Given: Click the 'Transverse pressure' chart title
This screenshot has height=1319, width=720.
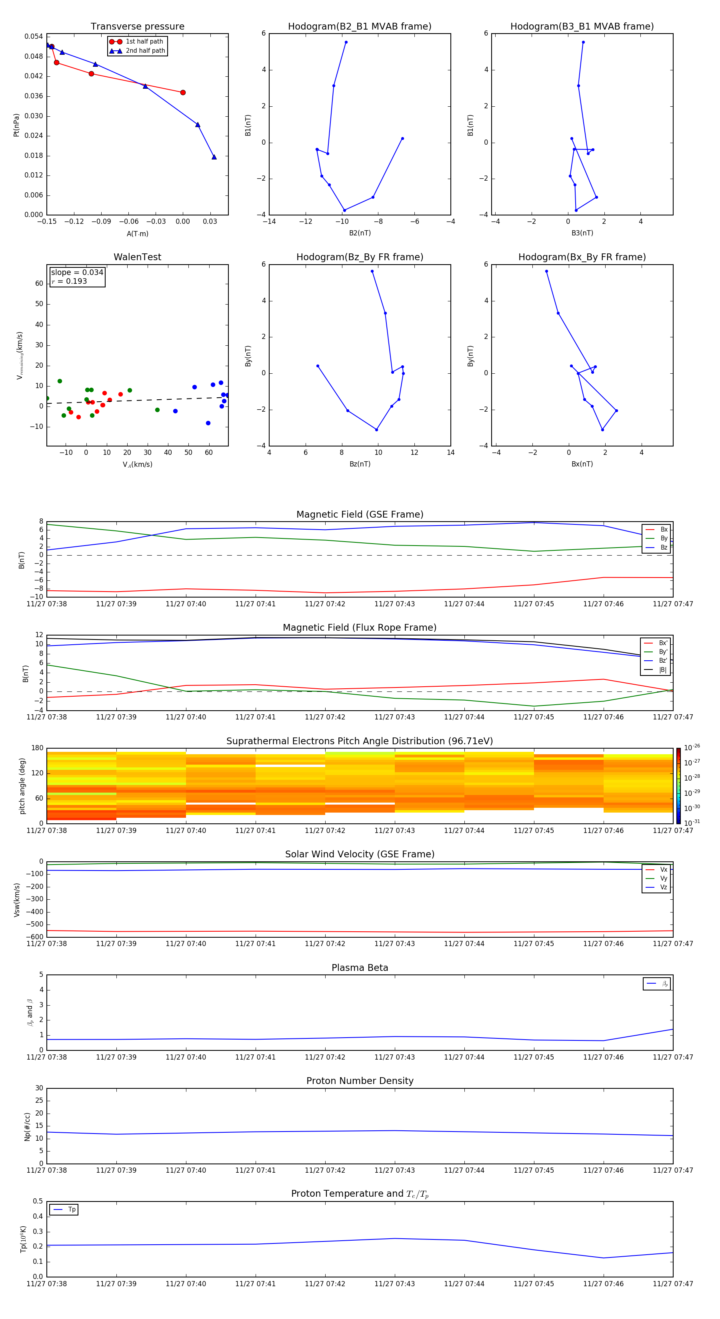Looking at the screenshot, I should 137,27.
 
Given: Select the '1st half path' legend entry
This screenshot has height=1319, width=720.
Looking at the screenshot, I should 144,42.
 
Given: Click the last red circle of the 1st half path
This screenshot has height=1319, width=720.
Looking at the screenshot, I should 183,93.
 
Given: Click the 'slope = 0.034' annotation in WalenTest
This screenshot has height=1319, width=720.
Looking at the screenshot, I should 77,273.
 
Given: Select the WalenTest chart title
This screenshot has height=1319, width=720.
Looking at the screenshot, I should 137,257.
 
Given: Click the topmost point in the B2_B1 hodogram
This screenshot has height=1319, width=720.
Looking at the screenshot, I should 346,42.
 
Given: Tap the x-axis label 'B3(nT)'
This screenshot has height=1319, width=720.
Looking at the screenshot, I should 582,233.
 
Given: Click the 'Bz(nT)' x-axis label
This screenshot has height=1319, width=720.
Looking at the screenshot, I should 360,464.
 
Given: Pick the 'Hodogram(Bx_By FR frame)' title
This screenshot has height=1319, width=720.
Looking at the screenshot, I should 582,257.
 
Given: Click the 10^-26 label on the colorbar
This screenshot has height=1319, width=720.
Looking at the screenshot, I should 692,747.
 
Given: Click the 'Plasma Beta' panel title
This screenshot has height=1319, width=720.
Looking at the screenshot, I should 360,968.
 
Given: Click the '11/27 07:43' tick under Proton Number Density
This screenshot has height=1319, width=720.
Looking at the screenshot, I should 394,1170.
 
